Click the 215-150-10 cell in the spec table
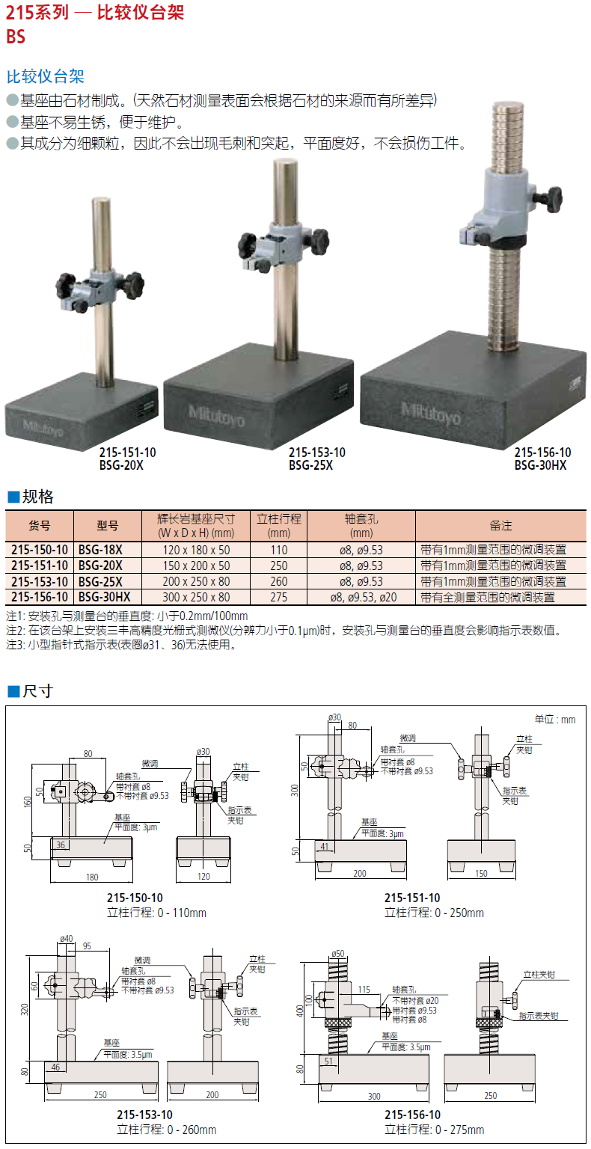coord(40,549)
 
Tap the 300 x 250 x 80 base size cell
coord(197,597)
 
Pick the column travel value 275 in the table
coord(278,597)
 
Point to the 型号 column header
coord(108,525)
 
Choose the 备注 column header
coord(500,525)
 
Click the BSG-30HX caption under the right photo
coord(540,465)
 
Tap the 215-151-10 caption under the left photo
coord(127,453)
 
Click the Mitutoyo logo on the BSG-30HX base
coord(430,414)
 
